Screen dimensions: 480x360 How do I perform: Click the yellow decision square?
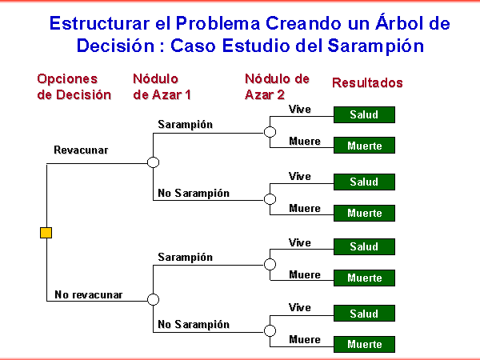click(46, 233)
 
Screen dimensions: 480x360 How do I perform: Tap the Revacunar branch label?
click(81, 150)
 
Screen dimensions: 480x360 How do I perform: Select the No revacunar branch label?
click(89, 294)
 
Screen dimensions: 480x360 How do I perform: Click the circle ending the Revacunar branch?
click(153, 162)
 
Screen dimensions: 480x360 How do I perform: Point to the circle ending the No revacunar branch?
click(153, 299)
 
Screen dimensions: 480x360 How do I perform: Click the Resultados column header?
click(367, 82)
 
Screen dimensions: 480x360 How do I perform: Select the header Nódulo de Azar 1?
click(162, 86)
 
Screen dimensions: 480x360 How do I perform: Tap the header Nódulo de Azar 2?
click(277, 86)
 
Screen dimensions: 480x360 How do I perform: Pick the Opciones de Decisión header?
click(74, 86)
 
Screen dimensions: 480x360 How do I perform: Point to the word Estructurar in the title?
click(99, 23)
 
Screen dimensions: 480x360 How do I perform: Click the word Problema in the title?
click(218, 23)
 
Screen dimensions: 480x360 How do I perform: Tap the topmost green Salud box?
click(364, 114)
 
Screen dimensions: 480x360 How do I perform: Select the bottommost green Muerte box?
click(364, 344)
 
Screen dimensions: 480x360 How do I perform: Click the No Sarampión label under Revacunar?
click(194, 193)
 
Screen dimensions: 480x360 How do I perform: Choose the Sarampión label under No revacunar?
click(186, 257)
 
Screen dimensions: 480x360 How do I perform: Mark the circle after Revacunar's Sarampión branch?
click(270, 132)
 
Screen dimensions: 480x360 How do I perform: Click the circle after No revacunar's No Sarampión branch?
click(270, 330)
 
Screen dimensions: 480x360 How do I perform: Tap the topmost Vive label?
click(300, 110)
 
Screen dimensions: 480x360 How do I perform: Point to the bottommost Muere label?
click(305, 339)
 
